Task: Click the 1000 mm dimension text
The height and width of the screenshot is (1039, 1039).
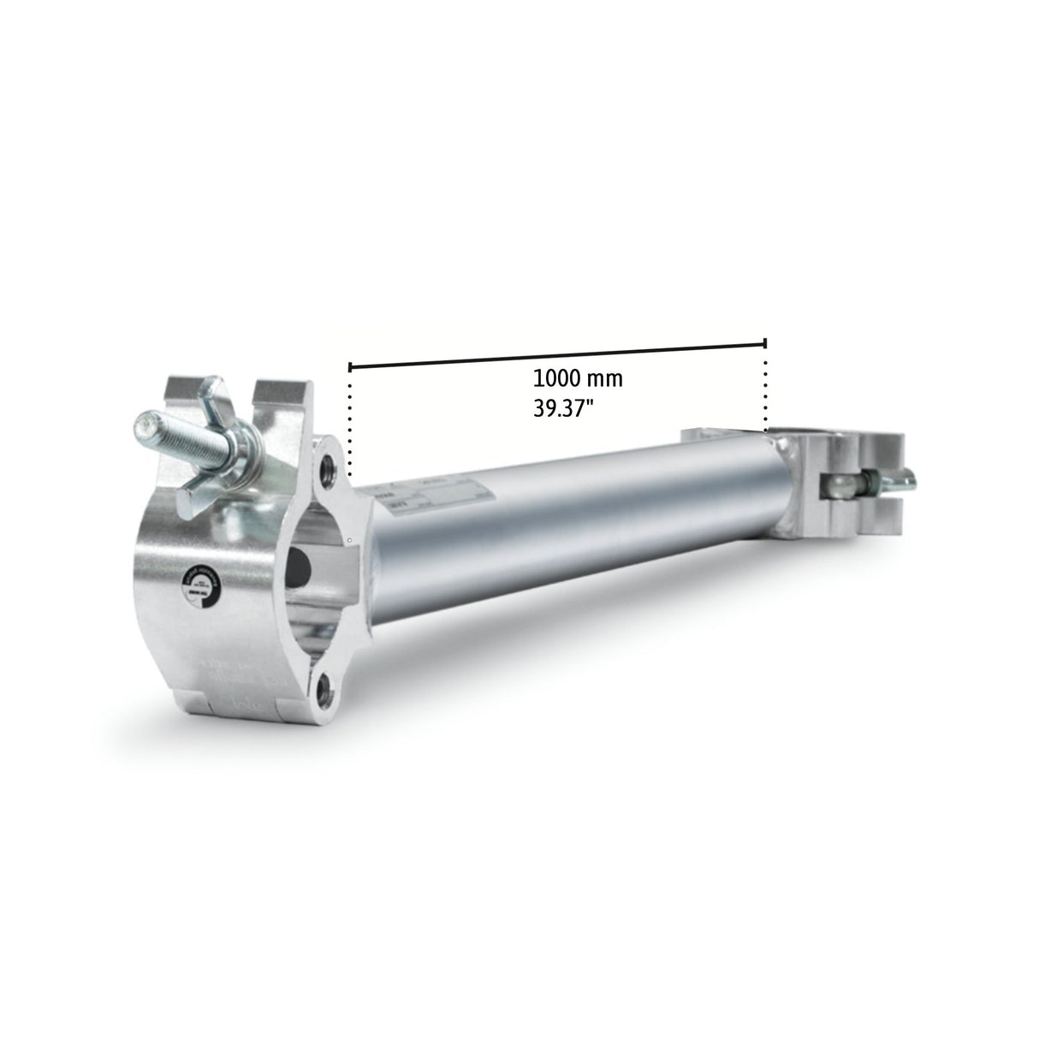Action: pyautogui.click(x=578, y=378)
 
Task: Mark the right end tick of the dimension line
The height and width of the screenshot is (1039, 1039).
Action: pyautogui.click(x=765, y=344)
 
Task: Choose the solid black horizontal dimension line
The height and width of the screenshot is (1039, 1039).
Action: pyautogui.click(x=556, y=356)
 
